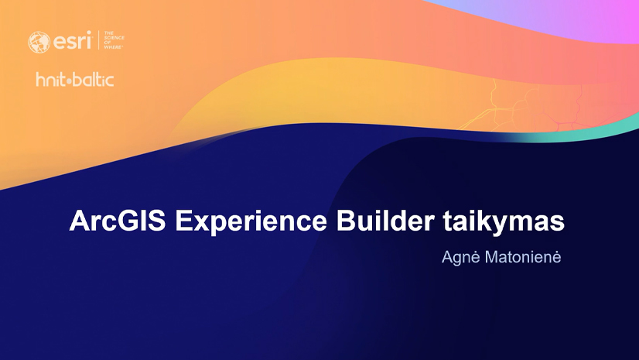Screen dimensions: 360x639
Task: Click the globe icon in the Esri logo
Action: click(x=38, y=42)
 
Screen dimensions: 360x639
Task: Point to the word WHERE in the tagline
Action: click(x=114, y=48)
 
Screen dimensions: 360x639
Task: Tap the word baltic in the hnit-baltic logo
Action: click(x=95, y=80)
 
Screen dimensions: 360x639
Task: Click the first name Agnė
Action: click(x=457, y=255)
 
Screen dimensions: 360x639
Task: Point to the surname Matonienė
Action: click(x=520, y=255)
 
